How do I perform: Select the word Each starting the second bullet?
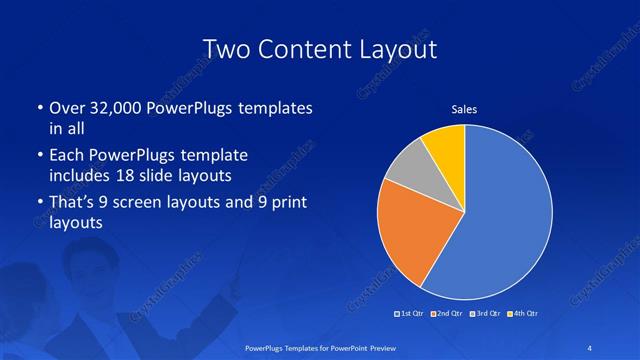[x=66, y=156]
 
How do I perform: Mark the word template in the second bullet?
[x=215, y=156]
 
